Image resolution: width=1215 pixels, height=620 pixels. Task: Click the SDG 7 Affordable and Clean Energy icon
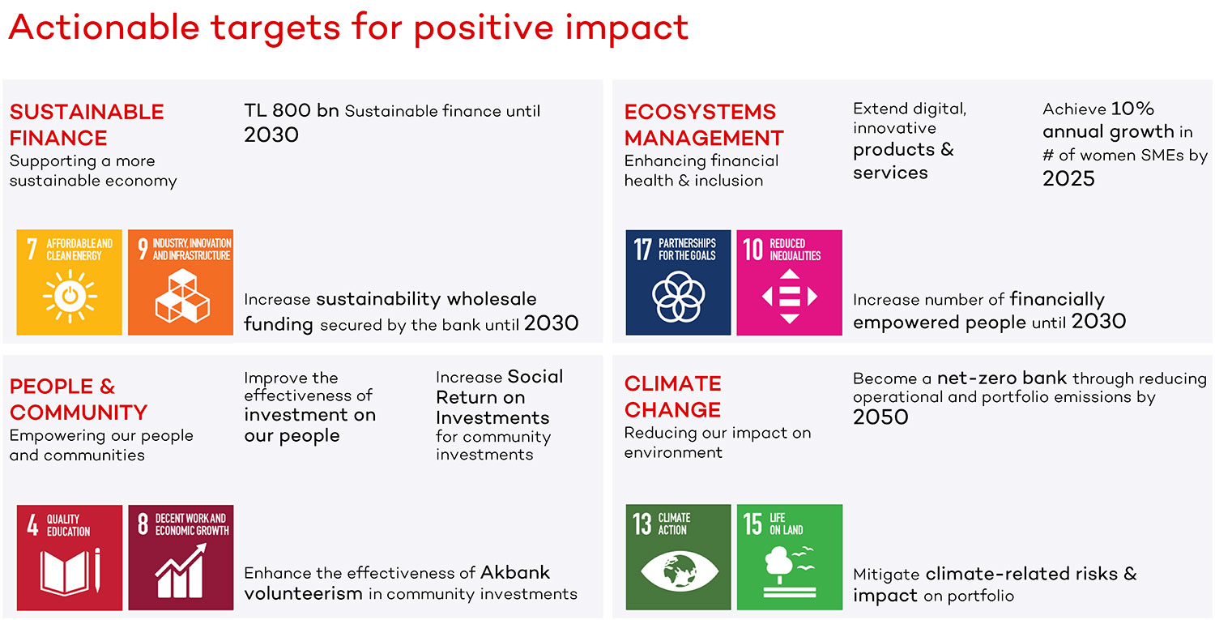[x=70, y=282]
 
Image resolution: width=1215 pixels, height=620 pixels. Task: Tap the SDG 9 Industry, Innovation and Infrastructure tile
[x=181, y=282]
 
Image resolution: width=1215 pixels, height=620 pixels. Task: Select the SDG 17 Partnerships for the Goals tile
[x=678, y=282]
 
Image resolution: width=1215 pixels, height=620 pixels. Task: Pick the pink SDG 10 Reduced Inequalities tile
[x=789, y=282]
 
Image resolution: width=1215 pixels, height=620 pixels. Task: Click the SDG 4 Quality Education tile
[x=70, y=558]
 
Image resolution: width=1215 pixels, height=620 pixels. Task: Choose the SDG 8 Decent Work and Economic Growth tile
[x=181, y=558]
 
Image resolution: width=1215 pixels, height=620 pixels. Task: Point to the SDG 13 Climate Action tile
[x=678, y=557]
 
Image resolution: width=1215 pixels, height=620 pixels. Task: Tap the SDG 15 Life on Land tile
[x=790, y=557]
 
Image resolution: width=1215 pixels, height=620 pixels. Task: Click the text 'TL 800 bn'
[x=292, y=110]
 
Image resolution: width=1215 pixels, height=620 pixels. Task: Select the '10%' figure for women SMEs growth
[x=1132, y=109]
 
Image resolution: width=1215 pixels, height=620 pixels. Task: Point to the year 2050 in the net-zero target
[x=880, y=417]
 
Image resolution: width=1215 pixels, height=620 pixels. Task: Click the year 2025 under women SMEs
[x=1068, y=178]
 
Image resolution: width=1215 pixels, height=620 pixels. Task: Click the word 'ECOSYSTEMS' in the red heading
[x=700, y=112]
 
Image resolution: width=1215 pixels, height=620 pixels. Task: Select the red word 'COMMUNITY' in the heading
[x=79, y=413]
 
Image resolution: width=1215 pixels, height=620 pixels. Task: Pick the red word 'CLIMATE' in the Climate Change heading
[x=672, y=384]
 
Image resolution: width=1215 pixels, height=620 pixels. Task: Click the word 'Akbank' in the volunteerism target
[x=514, y=572]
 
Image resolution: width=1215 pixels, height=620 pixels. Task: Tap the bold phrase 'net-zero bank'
[x=1002, y=378]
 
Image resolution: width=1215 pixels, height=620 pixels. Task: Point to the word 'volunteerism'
[x=303, y=593]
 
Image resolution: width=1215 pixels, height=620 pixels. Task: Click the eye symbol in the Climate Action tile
[x=678, y=571]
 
